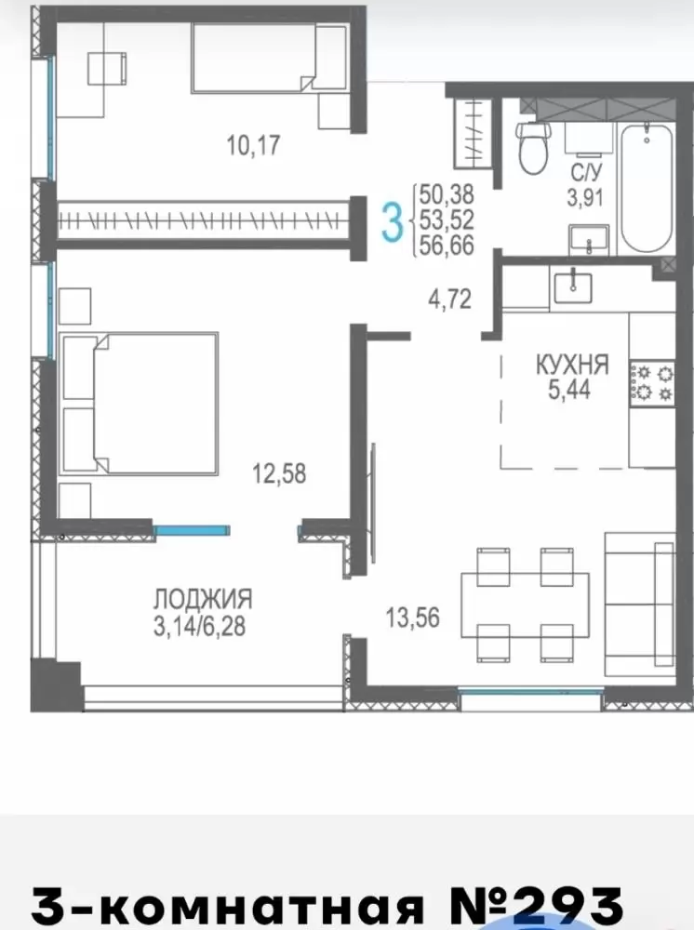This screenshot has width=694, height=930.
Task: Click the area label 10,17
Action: click(x=253, y=145)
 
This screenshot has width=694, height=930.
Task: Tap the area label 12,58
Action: click(x=279, y=474)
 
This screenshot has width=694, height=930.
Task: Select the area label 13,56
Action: click(x=413, y=618)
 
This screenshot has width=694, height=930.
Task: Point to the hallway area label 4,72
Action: click(x=450, y=299)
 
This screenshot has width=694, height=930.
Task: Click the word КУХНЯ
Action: click(x=572, y=365)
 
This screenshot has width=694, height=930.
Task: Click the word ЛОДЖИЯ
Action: click(x=203, y=599)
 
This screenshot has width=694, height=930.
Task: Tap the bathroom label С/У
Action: click(x=586, y=173)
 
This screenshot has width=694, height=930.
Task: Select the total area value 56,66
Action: click(x=447, y=246)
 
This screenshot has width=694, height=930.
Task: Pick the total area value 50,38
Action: click(x=447, y=194)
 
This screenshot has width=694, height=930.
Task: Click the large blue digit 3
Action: click(x=392, y=222)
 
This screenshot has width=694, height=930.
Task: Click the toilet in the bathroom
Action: click(x=533, y=148)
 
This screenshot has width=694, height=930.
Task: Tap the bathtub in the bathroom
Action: click(x=646, y=188)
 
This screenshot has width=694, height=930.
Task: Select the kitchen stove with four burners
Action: click(x=652, y=383)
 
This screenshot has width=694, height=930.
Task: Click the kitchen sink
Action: click(x=573, y=286)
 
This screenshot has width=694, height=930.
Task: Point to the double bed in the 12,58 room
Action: click(x=140, y=404)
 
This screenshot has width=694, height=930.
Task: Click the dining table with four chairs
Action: click(x=525, y=604)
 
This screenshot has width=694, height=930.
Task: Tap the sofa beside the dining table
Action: click(x=640, y=604)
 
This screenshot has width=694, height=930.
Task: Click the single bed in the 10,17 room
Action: click(x=270, y=58)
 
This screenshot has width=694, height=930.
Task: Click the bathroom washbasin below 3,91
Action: click(x=589, y=240)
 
